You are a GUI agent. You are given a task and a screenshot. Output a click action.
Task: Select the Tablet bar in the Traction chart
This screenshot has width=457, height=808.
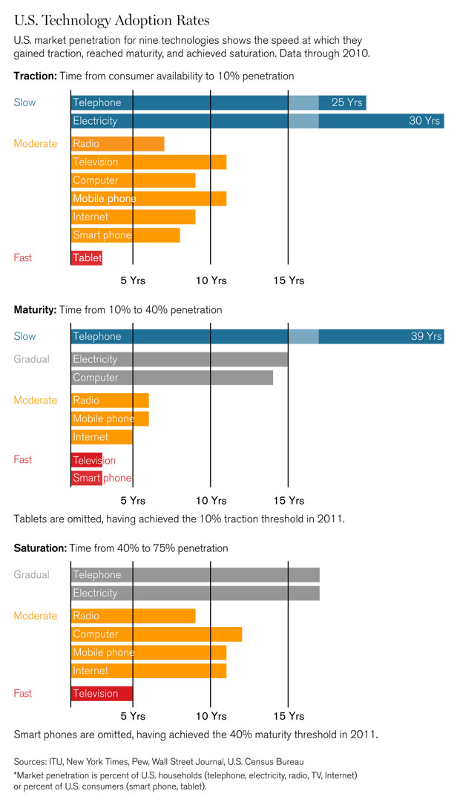pos(86,257)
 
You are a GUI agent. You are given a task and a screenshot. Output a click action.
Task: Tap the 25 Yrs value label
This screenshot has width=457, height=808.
pos(346,102)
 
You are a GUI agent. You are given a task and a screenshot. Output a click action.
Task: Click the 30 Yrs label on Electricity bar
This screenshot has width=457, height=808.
pos(425,121)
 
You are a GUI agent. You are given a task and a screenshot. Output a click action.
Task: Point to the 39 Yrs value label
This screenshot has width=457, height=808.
pos(426,337)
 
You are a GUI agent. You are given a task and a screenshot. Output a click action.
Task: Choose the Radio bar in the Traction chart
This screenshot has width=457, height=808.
pos(117,144)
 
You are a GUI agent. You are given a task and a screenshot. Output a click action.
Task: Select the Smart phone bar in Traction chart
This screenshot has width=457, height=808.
pos(125,235)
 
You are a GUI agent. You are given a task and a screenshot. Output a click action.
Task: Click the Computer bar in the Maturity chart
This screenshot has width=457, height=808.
pos(171,378)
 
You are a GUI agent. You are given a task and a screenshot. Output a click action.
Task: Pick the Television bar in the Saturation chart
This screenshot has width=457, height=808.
pos(102,694)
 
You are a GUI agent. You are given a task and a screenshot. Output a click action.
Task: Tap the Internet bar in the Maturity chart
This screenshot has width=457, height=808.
pos(102,437)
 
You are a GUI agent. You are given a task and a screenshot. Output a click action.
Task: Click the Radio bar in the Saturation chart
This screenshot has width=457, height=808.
pos(133,616)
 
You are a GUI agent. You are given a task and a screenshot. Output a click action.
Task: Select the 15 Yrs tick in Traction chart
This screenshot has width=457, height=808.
pos(289,280)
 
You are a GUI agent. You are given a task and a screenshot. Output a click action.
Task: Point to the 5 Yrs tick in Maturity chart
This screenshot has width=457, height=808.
pos(133,500)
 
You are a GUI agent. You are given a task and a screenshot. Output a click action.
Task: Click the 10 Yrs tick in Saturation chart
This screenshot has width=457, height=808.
pos(211,716)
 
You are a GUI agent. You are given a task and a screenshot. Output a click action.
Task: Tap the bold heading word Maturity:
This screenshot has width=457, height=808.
pos(35,309)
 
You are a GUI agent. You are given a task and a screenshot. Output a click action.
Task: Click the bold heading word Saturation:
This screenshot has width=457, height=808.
pos(40,548)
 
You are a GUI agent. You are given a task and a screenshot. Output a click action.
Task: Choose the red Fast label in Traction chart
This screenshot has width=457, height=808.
pos(23,257)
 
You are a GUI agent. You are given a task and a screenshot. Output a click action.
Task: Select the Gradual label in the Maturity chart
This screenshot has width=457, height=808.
pos(32,359)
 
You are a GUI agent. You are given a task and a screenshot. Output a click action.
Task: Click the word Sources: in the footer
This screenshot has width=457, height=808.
pos(32,761)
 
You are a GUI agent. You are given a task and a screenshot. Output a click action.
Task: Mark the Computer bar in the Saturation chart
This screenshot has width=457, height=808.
pos(157,634)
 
